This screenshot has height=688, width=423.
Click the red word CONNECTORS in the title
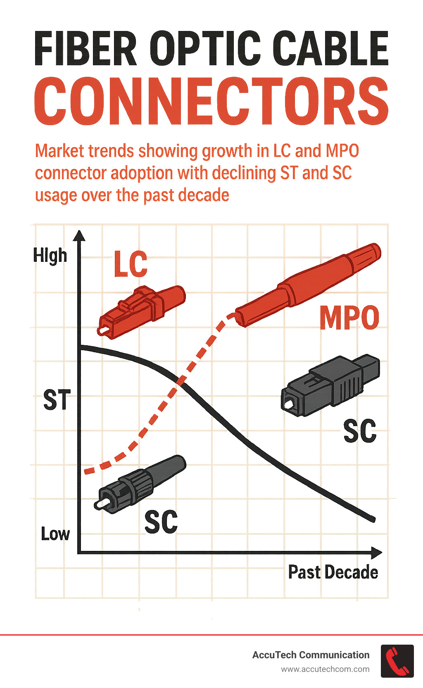coord(211,102)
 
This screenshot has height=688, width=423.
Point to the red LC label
coord(131,264)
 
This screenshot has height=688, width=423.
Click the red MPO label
coord(349,318)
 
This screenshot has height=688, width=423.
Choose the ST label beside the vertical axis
coord(57,400)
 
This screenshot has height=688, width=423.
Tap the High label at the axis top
coord(50,256)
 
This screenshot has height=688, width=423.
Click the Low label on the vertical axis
coord(55,534)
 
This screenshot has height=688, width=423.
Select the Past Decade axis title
coord(333,572)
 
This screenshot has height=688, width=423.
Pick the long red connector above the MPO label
coord(308,285)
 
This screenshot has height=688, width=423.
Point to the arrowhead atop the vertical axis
coord(79,236)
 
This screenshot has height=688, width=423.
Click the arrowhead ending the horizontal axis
coord(376,553)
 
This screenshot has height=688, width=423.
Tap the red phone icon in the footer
coord(397,661)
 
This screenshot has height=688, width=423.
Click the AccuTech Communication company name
coord(311,655)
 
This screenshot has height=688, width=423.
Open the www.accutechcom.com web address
coord(325,669)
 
